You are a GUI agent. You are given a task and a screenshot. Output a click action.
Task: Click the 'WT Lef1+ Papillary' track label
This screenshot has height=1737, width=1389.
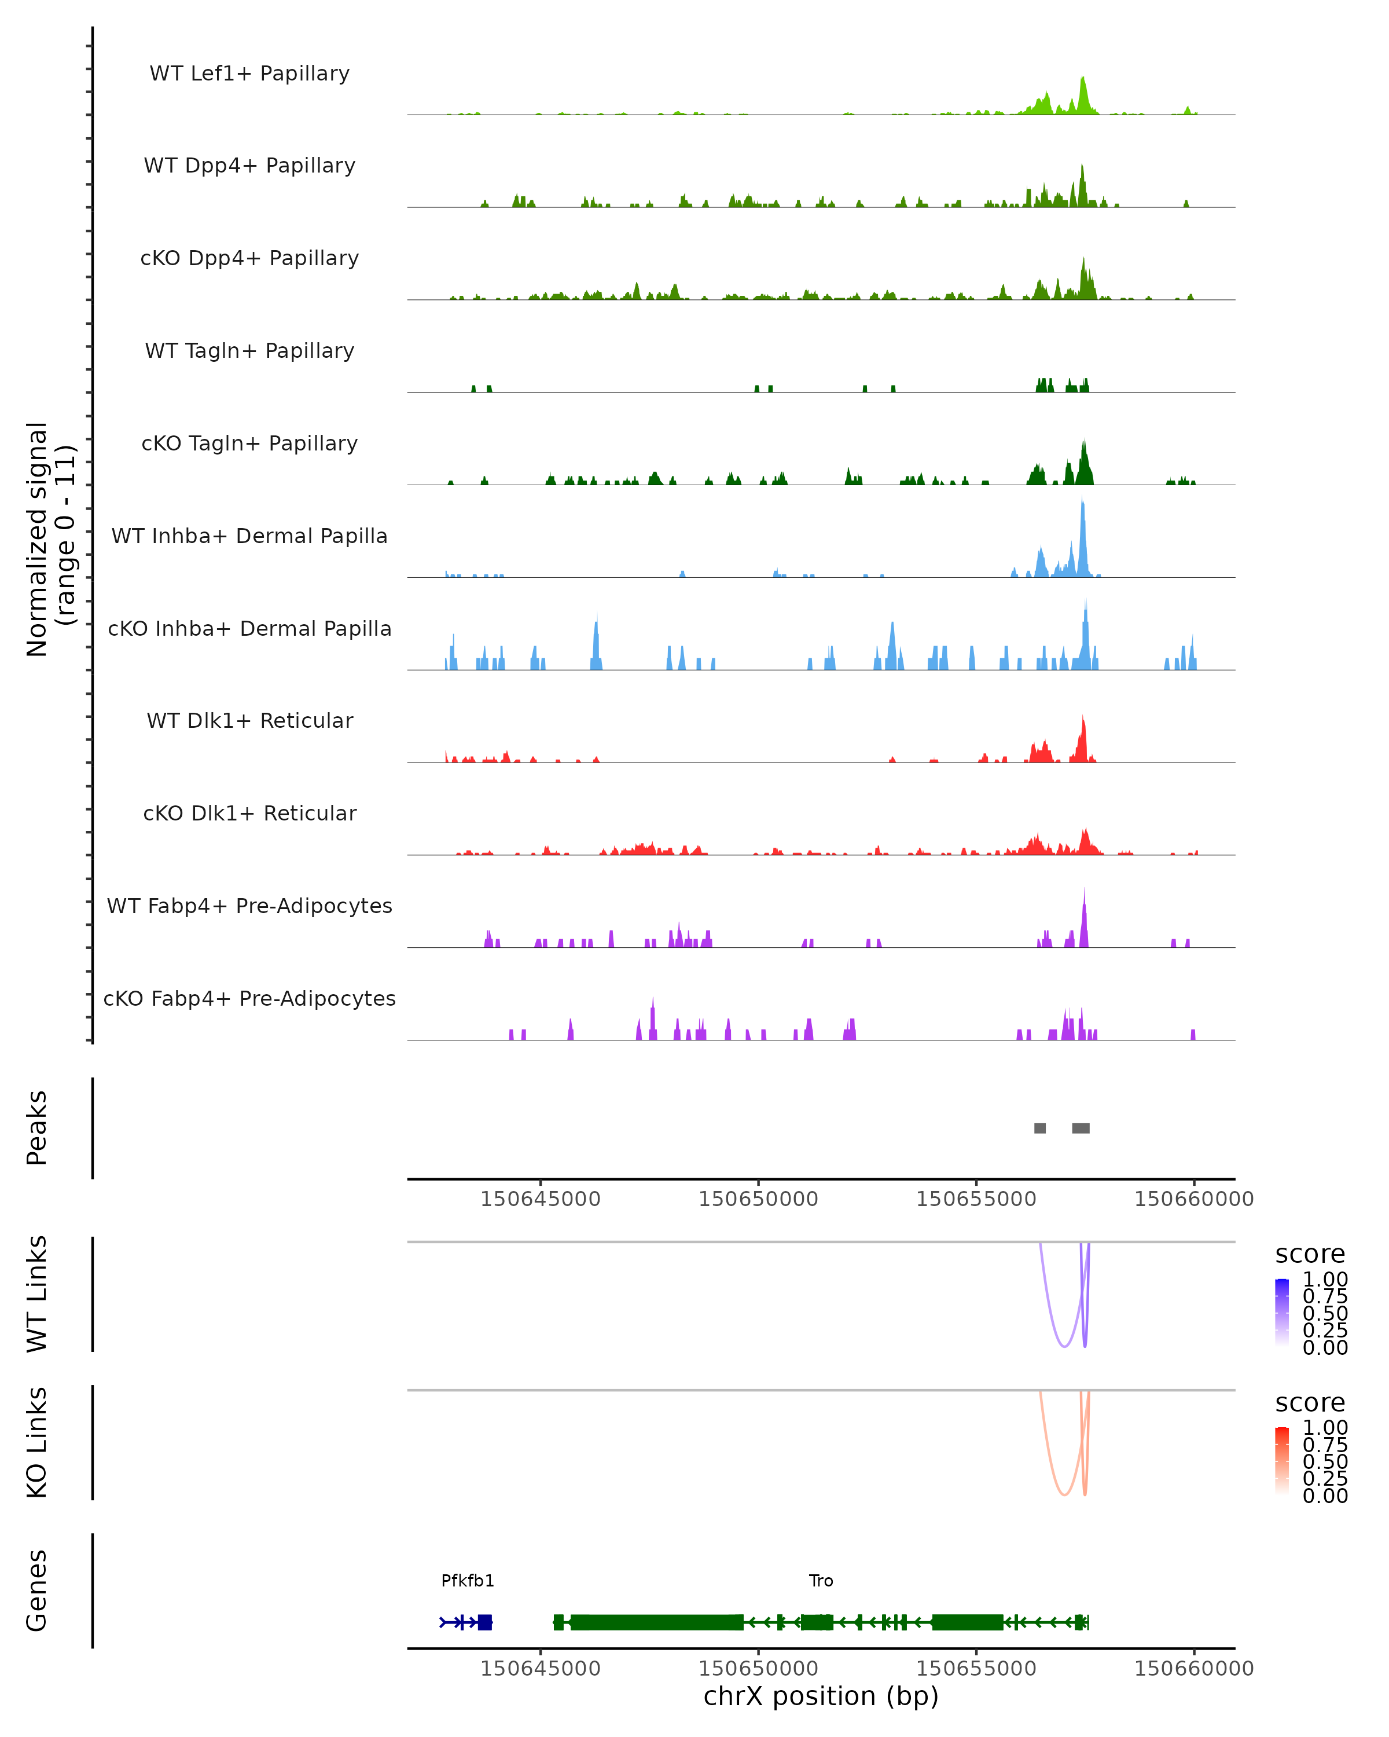249,74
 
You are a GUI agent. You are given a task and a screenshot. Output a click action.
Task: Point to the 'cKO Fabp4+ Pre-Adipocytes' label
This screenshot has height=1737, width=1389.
249,998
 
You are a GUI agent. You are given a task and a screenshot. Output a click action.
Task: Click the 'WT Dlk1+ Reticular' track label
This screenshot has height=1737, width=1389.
249,720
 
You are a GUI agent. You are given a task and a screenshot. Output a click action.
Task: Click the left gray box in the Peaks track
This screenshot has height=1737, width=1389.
1039,1128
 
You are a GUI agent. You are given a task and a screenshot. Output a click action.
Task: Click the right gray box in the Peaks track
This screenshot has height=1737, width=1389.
1081,1128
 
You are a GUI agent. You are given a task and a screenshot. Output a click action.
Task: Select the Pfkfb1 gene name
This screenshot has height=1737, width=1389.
468,1581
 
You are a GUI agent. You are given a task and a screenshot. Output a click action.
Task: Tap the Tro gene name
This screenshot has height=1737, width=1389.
821,1581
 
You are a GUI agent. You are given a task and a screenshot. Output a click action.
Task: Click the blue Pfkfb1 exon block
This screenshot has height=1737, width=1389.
485,1622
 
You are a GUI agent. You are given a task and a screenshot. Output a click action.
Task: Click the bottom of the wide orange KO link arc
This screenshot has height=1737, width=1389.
1064,1494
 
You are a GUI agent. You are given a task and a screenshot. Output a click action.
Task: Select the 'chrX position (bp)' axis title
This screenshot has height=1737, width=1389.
821,1696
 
